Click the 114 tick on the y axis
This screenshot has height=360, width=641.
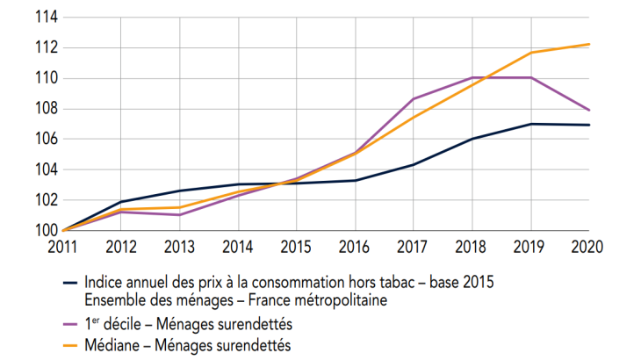(x=45, y=17)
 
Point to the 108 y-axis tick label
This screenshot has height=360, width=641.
(x=45, y=109)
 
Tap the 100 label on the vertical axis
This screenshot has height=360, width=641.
(x=45, y=231)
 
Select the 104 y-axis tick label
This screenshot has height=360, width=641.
(x=45, y=169)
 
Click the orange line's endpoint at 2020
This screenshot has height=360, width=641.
(x=589, y=44)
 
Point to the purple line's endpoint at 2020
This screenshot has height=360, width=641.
(x=589, y=111)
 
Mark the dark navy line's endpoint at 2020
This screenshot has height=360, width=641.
(x=589, y=125)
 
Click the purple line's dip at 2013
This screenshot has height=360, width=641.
(x=181, y=214)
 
